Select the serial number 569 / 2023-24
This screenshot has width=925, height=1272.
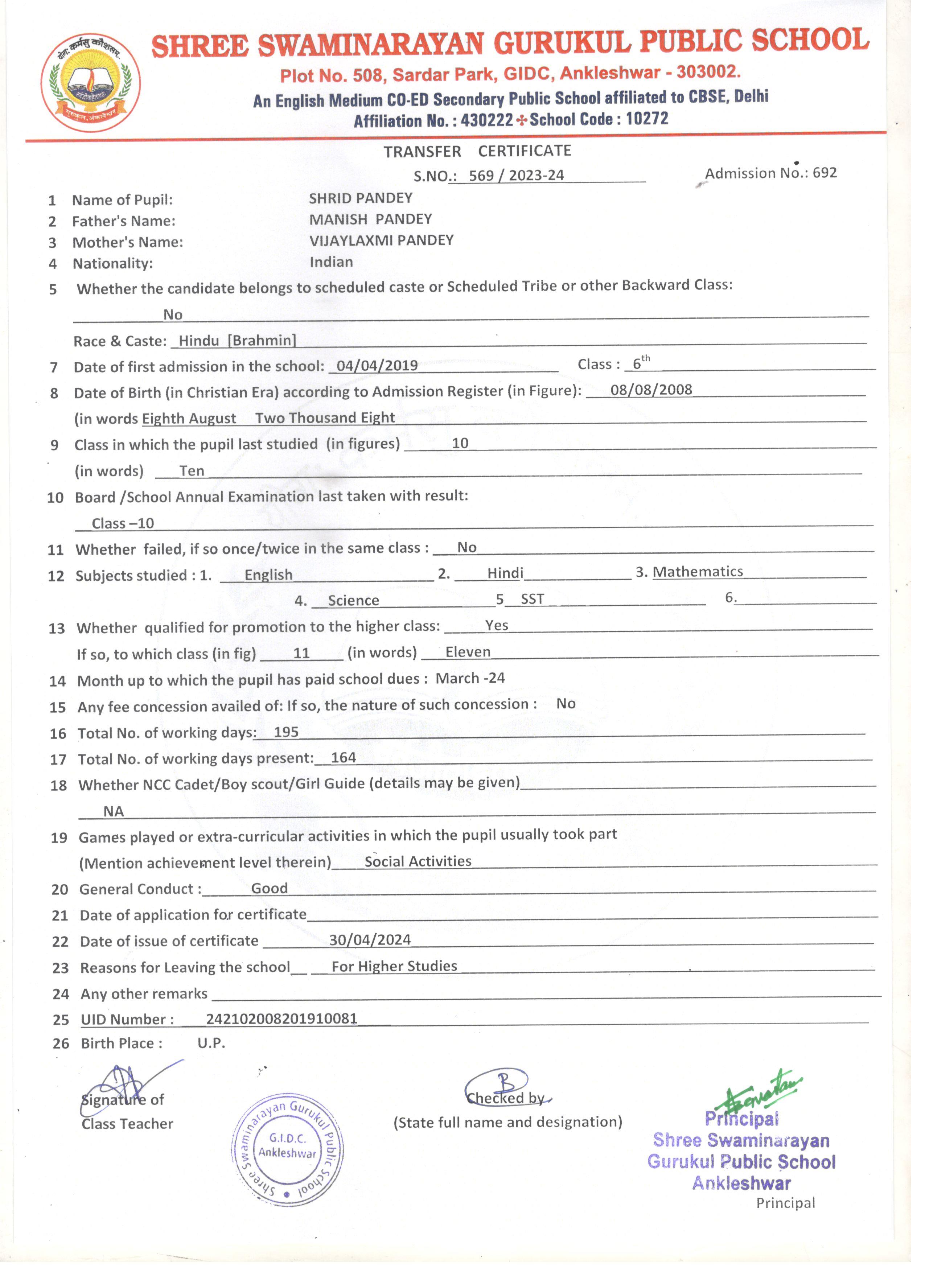point(516,176)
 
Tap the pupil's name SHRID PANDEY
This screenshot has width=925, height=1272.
point(361,198)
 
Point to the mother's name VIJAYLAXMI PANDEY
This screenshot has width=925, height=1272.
point(382,240)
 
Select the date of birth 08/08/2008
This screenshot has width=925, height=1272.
point(651,390)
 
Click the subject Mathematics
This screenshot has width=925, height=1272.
point(698,572)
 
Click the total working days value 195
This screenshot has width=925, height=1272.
point(286,732)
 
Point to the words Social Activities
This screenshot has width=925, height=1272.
point(418,861)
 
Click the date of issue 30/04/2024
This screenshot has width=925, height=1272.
point(370,940)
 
